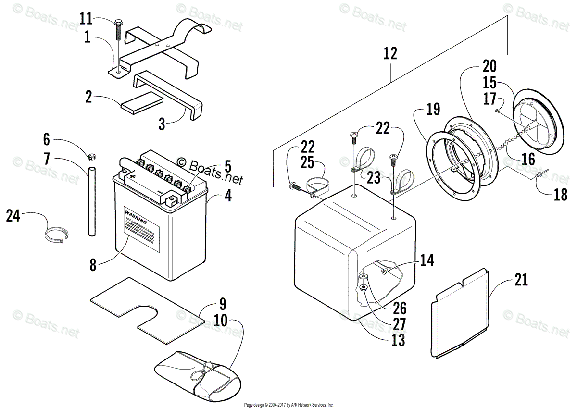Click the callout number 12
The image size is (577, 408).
pyautogui.click(x=390, y=53)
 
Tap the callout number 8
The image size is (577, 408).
pyautogui.click(x=92, y=264)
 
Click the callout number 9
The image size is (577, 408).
pyautogui.click(x=223, y=304)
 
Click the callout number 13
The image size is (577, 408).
pyautogui.click(x=398, y=340)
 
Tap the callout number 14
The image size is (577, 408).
pyautogui.click(x=426, y=260)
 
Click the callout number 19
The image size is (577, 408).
pyautogui.click(x=433, y=109)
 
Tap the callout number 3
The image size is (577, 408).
pyautogui.click(x=162, y=124)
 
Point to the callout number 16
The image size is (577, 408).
pyautogui.click(x=527, y=159)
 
